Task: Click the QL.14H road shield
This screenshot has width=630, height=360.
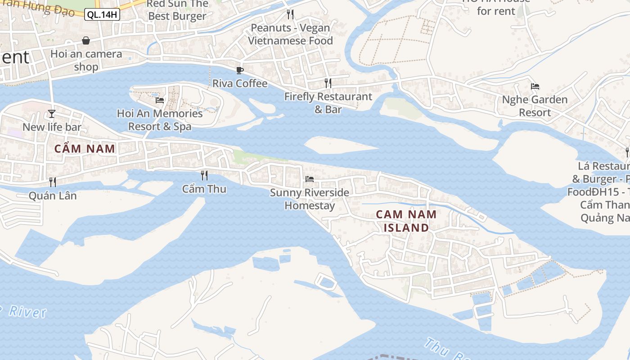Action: (102, 14)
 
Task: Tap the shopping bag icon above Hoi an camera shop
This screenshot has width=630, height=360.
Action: (86, 40)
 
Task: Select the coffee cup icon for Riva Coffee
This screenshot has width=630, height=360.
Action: (240, 70)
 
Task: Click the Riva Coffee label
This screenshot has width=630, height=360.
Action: (240, 83)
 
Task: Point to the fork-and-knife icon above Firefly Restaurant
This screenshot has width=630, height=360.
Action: (328, 83)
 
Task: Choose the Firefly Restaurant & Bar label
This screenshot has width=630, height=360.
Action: (328, 103)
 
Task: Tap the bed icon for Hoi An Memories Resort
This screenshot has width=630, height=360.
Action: (160, 100)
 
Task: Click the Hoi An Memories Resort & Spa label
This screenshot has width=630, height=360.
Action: (160, 120)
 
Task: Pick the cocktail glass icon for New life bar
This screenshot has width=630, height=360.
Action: (52, 113)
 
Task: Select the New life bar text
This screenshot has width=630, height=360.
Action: (52, 127)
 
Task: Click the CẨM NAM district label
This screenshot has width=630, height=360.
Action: (85, 148)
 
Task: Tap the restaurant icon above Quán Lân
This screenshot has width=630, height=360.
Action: (53, 182)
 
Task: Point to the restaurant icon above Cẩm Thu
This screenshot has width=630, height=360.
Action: (204, 175)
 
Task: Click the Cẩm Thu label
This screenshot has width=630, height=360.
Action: (204, 189)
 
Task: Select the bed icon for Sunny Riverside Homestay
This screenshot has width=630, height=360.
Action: (310, 179)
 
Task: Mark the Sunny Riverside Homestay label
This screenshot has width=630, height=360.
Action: (310, 199)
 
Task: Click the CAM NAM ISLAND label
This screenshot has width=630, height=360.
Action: (406, 221)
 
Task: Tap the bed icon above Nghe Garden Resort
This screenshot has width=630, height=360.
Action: (535, 86)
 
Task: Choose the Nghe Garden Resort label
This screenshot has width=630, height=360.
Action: (535, 106)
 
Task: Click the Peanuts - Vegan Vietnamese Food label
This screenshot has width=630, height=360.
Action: (290, 34)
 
